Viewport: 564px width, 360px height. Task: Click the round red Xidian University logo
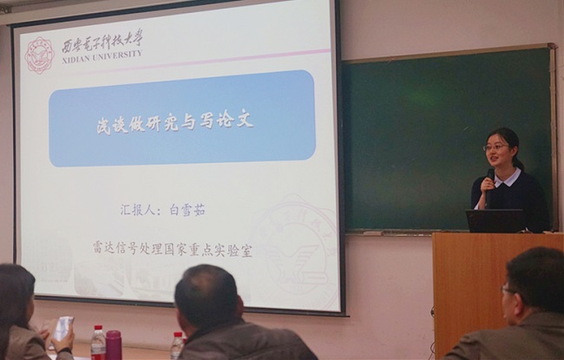click(39, 56)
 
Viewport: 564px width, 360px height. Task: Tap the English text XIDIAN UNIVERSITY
click(102, 57)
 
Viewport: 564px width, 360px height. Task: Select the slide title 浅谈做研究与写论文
click(174, 123)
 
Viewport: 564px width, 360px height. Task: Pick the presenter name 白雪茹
click(187, 210)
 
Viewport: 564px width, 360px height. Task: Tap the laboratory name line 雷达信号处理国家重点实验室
click(173, 249)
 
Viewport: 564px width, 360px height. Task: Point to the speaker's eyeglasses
click(495, 147)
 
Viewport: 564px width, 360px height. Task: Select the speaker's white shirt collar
click(508, 179)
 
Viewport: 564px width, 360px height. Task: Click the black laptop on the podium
click(495, 221)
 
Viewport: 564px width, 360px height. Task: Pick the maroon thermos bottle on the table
click(114, 345)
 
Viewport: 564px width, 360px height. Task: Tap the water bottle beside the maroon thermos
click(98, 343)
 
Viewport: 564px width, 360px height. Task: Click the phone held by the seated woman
click(63, 328)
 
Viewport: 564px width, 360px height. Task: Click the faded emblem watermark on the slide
click(295, 248)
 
